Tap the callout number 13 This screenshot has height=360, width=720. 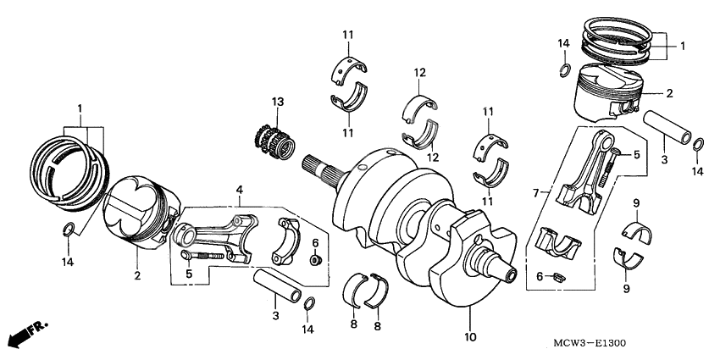point(276,102)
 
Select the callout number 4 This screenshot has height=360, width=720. point(240,190)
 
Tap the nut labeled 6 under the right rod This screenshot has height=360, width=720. point(557,275)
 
